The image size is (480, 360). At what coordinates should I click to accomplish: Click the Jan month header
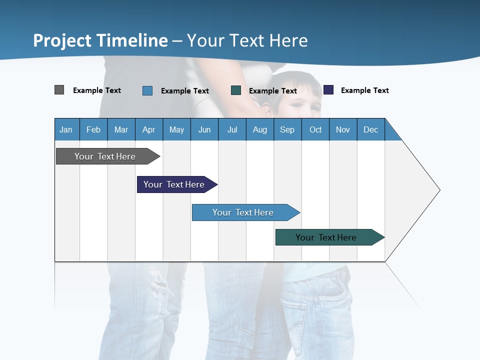click(x=66, y=129)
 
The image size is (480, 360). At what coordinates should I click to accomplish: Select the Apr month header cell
click(x=149, y=129)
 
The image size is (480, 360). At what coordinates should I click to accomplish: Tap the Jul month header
click(x=232, y=129)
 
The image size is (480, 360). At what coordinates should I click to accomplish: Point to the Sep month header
click(x=287, y=129)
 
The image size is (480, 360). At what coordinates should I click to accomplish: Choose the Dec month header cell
click(x=370, y=129)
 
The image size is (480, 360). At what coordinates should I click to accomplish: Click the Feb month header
click(x=93, y=129)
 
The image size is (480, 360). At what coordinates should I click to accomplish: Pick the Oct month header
click(x=315, y=129)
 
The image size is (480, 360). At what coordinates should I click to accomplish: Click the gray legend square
click(x=59, y=90)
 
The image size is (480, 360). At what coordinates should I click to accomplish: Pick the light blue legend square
click(x=147, y=90)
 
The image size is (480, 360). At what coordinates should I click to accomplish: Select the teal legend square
click(x=236, y=90)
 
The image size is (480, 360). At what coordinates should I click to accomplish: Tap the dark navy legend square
click(x=328, y=90)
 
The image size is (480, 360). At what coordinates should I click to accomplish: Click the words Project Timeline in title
click(x=100, y=40)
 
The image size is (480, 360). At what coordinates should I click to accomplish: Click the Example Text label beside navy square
click(x=364, y=90)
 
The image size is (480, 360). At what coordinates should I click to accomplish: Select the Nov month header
click(x=343, y=129)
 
